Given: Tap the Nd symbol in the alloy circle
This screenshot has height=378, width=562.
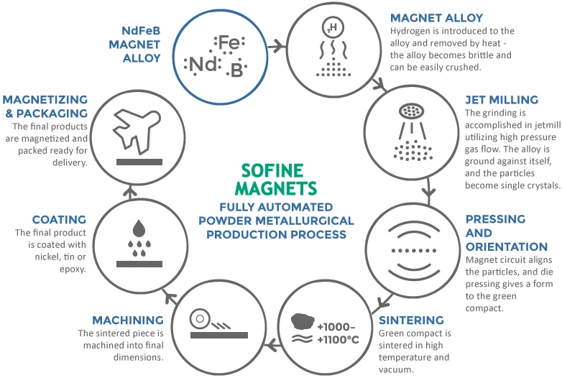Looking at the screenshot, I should [x=201, y=65].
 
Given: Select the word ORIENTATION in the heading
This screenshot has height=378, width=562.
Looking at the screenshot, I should [x=506, y=246].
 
